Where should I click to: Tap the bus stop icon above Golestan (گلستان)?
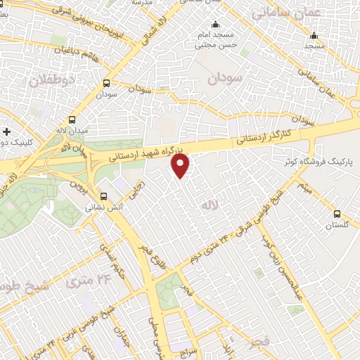click(337, 214)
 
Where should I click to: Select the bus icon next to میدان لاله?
click(73, 119)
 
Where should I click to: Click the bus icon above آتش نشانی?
click(103, 196)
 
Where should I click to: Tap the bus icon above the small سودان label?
click(106, 82)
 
